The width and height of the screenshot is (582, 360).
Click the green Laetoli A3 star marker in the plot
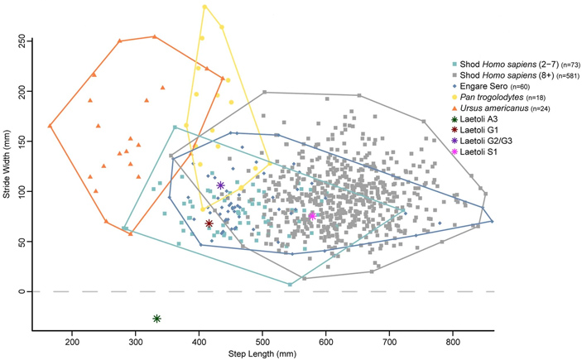[156, 319]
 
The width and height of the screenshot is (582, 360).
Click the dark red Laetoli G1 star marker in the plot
[209, 223]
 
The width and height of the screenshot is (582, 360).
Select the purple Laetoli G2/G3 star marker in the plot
[221, 185]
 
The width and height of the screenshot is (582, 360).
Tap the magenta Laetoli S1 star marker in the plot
[312, 215]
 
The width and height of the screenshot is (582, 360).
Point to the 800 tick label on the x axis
[453, 342]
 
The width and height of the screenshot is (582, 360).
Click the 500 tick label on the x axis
[262, 342]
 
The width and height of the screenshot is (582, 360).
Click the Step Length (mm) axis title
[262, 354]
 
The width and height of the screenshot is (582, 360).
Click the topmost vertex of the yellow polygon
[204, 7]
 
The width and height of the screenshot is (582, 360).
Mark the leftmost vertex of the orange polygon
[50, 126]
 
